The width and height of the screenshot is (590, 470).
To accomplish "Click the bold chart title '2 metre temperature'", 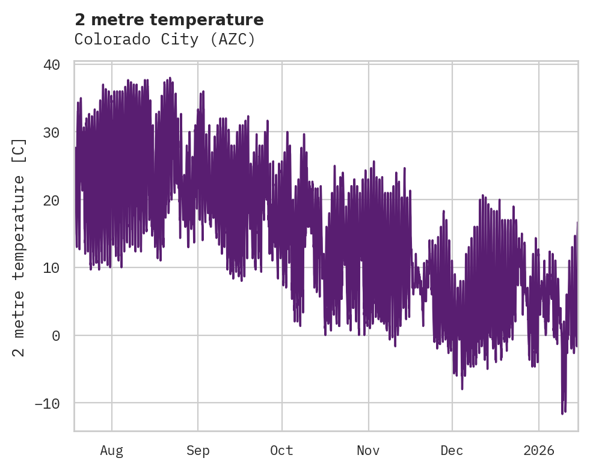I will (169, 20).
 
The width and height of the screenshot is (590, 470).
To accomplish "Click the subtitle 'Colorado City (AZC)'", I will (165, 40).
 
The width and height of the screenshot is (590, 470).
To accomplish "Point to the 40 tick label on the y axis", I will (52, 64).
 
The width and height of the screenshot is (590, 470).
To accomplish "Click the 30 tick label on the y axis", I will (52, 132).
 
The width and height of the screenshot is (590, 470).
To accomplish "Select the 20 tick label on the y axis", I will (52, 200).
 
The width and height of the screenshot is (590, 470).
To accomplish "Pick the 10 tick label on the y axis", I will (52, 267).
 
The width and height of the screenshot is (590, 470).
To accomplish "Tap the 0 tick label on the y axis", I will (56, 335).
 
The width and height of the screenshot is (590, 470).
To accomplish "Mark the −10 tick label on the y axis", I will (47, 403).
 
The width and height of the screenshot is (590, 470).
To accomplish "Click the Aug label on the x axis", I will (111, 450).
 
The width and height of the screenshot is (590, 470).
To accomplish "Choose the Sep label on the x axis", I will (197, 450).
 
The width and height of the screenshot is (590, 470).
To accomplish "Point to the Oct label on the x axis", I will (281, 450).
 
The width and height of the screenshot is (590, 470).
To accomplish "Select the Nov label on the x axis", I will (368, 450).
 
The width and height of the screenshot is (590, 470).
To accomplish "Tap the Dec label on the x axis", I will (452, 450).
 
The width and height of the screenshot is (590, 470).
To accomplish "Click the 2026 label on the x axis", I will (539, 450).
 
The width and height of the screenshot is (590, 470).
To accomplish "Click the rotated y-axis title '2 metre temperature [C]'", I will (19, 246).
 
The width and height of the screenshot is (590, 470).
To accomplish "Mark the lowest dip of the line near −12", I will (562, 414).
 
